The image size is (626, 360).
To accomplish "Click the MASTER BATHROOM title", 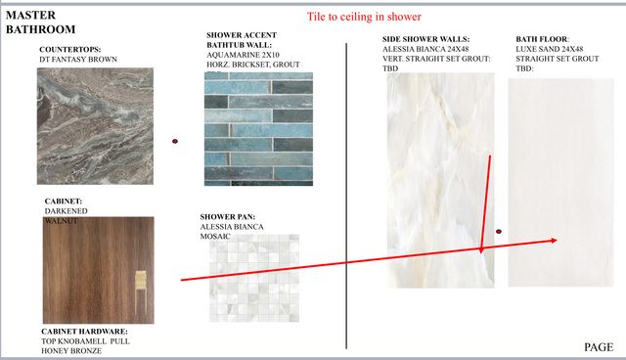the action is tap(40, 22).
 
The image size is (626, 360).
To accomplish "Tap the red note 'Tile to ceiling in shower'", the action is tap(364, 17).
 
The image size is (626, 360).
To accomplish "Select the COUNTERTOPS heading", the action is tap(69, 50).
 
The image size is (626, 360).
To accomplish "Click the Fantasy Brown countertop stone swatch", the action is tap(95, 126).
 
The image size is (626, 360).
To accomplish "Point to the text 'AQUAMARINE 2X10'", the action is tap(243, 55).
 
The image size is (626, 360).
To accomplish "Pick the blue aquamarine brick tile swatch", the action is tap(258, 129).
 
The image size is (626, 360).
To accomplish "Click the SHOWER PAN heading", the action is tap(228, 217).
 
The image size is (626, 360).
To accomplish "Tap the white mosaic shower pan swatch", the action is tap(254, 278).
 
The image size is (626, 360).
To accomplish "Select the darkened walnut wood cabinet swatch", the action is tap(98, 270).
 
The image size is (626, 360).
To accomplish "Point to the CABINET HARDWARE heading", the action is tap(84, 332).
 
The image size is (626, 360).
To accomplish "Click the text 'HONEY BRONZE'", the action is tap(71, 351).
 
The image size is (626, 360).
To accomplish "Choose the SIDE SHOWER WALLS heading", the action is tap(426, 39).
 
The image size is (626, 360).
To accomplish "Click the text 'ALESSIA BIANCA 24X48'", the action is tap(425, 49).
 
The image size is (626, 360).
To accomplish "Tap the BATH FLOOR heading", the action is tap(542, 39).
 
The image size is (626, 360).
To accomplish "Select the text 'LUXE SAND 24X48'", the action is tap(550, 49).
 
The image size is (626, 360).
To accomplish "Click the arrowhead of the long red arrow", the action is tap(555, 241).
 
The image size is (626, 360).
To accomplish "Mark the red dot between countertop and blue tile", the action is tap(175, 141).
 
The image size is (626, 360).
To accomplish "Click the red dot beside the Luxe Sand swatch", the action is tap(499, 232).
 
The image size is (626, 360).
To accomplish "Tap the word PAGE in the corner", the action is tap(599, 347).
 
